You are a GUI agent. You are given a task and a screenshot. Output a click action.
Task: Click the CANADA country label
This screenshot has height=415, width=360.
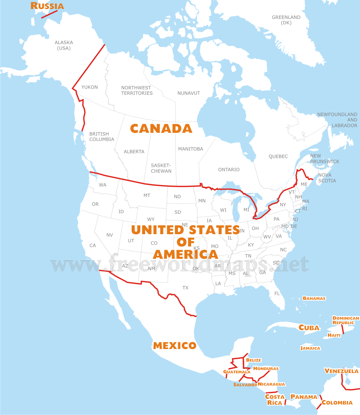[161, 129]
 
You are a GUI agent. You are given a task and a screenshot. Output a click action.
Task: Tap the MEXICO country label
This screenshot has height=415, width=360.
[175, 346]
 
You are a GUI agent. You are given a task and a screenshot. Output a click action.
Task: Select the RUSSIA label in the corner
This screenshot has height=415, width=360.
[47, 6]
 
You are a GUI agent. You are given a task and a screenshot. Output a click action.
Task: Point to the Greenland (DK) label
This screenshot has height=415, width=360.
[286, 20]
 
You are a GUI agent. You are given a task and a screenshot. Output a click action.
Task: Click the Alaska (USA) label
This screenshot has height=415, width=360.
[64, 45]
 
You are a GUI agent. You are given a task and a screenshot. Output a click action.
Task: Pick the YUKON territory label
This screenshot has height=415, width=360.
[89, 87]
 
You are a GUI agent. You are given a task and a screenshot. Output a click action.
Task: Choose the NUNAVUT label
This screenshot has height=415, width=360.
[188, 93]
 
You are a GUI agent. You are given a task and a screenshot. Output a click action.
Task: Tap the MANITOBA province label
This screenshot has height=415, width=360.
[190, 149]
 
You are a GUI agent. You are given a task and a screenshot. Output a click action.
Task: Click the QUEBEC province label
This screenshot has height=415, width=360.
[278, 157]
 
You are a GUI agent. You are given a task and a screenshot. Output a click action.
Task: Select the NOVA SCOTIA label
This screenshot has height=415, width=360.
[327, 178]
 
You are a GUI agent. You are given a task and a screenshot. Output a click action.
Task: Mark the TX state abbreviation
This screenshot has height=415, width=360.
[185, 288]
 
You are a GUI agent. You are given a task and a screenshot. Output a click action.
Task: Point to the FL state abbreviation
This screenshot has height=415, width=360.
[277, 293]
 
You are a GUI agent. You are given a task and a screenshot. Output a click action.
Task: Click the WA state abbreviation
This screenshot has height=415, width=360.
[103, 185]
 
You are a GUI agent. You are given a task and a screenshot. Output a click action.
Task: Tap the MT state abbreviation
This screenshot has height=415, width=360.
[147, 196]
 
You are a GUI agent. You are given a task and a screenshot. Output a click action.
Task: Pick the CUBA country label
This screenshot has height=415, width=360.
[309, 328]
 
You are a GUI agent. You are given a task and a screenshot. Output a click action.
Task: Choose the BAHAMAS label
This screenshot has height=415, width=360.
[314, 298]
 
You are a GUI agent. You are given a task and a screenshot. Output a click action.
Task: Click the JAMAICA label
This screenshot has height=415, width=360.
[310, 348]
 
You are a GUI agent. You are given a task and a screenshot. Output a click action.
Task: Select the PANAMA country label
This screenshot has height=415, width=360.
[304, 397]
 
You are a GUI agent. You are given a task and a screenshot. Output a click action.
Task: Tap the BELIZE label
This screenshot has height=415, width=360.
[253, 360]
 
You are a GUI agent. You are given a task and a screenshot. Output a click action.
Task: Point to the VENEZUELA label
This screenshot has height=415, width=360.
[341, 371]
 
